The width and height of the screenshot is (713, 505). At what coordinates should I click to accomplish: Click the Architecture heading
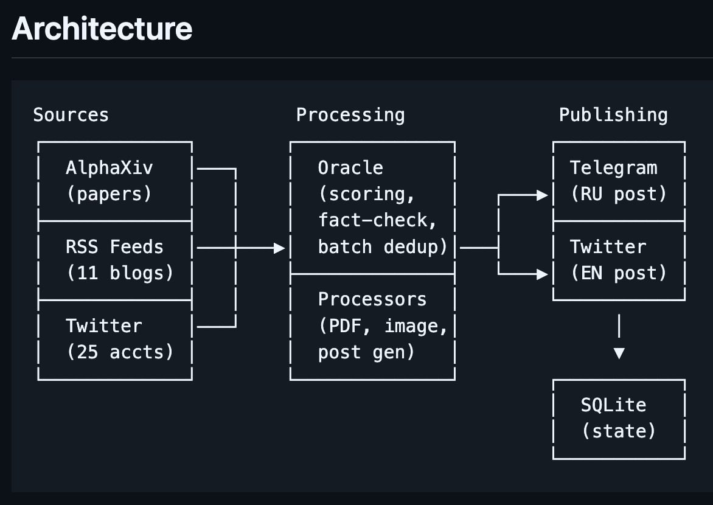click(x=102, y=28)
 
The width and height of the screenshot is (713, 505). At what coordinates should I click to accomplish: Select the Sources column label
click(x=71, y=114)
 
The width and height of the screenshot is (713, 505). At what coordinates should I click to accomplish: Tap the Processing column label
click(x=350, y=115)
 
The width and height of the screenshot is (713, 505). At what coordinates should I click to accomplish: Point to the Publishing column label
click(x=613, y=115)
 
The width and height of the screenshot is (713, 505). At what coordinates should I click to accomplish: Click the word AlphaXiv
click(x=109, y=167)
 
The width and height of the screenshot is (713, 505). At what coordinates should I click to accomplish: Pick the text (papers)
click(x=109, y=194)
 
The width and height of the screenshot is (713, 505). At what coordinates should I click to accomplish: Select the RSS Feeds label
click(x=114, y=246)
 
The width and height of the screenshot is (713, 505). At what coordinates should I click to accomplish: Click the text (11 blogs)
click(x=120, y=273)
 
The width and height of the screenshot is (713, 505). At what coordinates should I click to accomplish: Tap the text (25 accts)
click(x=120, y=352)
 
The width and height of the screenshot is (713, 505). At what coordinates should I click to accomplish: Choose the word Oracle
click(x=350, y=167)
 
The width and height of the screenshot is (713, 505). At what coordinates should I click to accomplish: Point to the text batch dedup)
click(x=383, y=246)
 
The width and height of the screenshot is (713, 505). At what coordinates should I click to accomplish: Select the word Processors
click(x=372, y=299)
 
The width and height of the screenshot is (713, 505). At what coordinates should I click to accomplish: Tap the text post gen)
click(x=366, y=352)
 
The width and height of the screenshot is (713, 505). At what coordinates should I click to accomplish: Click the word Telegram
click(x=613, y=168)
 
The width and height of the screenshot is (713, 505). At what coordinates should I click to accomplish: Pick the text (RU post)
click(x=619, y=194)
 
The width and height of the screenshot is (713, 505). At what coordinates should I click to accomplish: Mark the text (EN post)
click(x=619, y=273)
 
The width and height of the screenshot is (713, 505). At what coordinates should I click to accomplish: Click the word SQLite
click(x=613, y=405)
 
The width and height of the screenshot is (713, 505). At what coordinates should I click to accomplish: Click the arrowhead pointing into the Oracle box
click(x=279, y=248)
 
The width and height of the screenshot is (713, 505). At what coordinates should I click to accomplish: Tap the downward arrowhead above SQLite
click(x=619, y=353)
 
